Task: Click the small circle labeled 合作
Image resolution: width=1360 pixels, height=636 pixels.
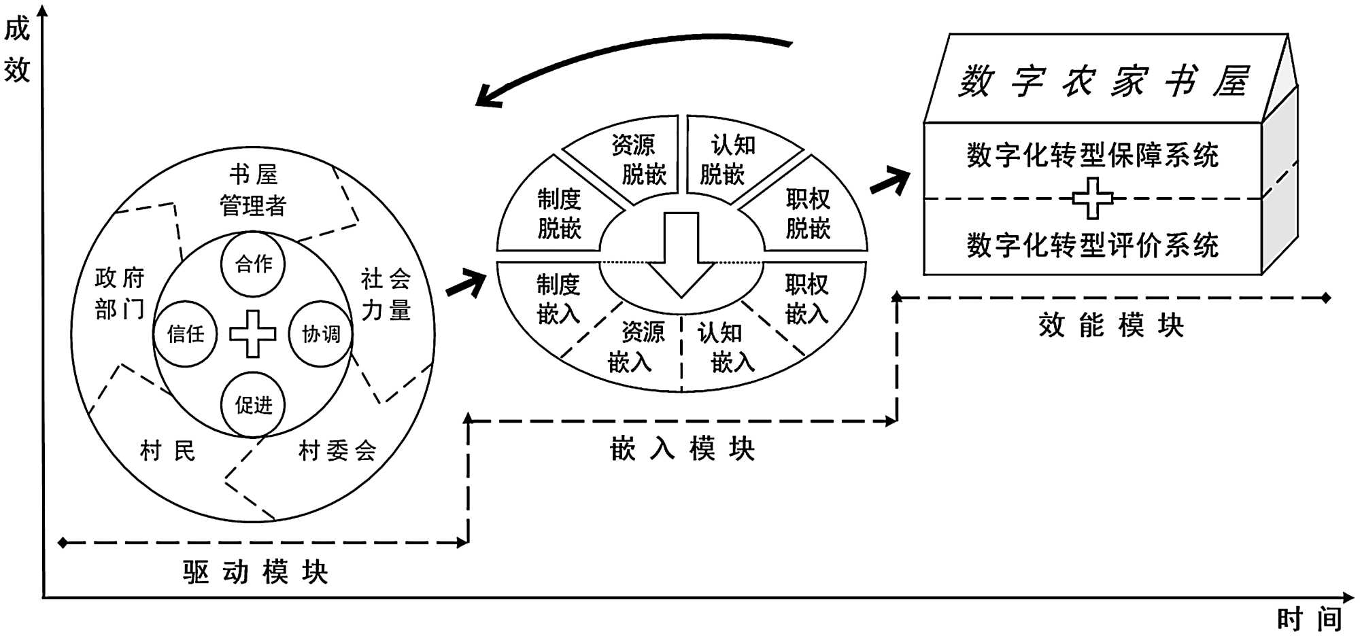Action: tap(253, 264)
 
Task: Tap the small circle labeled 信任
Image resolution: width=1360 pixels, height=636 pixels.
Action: tap(185, 334)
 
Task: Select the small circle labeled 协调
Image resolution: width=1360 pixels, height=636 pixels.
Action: tap(321, 334)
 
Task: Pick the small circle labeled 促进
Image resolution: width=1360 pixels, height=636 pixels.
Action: tap(253, 405)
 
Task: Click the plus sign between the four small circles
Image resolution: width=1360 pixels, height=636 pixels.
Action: tap(253, 334)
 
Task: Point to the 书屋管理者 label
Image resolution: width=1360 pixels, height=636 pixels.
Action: tap(253, 190)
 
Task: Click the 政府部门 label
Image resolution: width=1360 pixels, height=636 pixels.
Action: tap(120, 294)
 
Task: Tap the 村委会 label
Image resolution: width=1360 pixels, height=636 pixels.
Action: tap(337, 450)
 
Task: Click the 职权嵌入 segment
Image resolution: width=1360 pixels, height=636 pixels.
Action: tap(807, 299)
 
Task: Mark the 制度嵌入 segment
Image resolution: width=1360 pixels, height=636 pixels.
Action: tap(558, 299)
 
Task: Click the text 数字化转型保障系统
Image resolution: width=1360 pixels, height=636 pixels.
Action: tap(1092, 156)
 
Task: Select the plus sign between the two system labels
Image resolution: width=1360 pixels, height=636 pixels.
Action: tap(1092, 198)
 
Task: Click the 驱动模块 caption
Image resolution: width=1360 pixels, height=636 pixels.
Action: tap(255, 572)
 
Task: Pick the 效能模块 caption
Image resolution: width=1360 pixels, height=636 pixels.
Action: tap(1111, 325)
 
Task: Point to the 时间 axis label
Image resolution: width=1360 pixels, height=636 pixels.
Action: tap(1309, 619)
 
